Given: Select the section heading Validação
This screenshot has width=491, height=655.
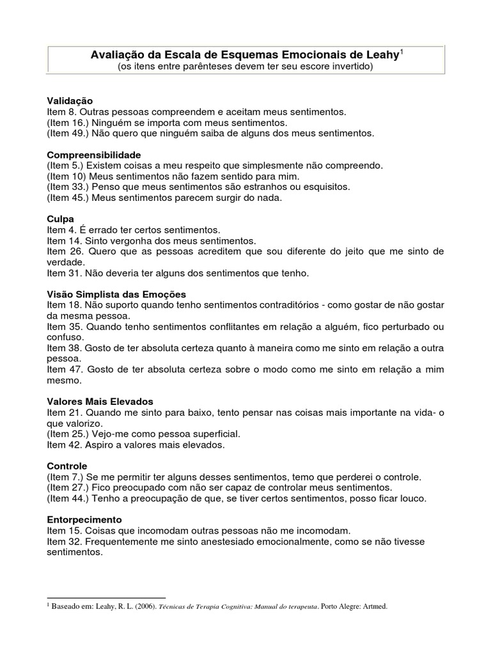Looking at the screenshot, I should tap(70, 101).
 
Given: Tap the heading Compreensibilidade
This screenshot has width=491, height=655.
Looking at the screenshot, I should tap(94, 155).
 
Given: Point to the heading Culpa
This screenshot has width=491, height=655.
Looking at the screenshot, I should tap(61, 219).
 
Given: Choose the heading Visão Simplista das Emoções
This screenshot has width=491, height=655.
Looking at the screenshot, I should tap(116, 294).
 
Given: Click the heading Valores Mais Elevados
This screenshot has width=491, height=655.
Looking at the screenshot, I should tap(100, 402).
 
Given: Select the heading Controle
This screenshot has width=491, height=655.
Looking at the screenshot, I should tap(67, 466).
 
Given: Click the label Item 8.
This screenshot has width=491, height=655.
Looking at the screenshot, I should tap(61, 111).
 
